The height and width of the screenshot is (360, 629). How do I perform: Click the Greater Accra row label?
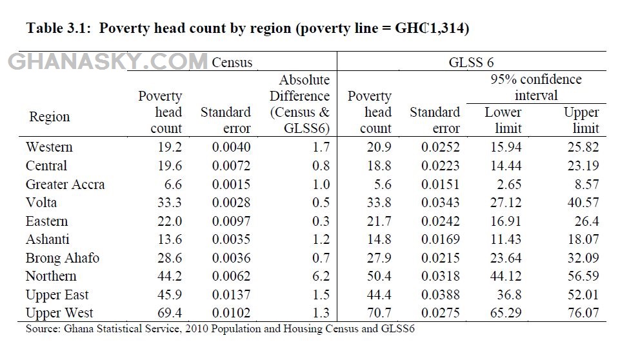[65, 185]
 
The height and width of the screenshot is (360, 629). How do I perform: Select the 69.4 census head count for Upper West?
[170, 314]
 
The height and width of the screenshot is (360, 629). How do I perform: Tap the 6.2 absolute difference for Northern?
[320, 277]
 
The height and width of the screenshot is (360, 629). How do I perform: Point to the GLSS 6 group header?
[472, 63]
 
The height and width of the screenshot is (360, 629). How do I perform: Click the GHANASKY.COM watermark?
[107, 62]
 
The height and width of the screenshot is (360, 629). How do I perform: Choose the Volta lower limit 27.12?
[503, 203]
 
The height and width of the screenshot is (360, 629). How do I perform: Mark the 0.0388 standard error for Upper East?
[441, 295]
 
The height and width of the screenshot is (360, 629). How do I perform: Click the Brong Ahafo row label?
[63, 258]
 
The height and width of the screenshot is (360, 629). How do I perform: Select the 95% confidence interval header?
[535, 88]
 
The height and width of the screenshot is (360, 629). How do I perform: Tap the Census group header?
[232, 63]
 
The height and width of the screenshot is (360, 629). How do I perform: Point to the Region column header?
[49, 117]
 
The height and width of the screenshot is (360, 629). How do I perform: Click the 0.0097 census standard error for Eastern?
[231, 221]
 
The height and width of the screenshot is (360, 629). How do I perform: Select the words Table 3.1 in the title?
[57, 29]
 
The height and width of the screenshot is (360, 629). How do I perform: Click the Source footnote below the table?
[219, 329]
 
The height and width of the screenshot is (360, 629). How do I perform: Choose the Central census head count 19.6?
[170, 166]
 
